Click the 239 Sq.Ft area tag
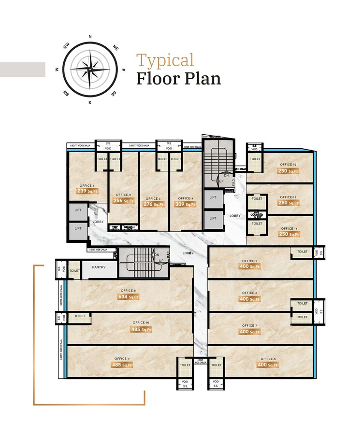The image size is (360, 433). (85, 191)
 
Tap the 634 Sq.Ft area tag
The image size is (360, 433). (128, 297)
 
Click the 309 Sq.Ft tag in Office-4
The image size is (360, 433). (185, 204)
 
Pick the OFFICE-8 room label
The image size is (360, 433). (268, 359)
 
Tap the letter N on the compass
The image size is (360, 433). (90, 37)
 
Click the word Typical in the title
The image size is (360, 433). (165, 60)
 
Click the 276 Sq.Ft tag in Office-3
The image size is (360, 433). (152, 204)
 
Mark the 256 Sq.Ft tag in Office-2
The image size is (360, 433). (123, 200)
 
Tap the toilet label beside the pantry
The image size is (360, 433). (74, 271)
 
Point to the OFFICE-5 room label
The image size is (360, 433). (249, 261)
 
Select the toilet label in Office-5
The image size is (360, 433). (302, 251)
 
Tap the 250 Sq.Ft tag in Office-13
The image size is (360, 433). (288, 203)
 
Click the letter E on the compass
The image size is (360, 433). (123, 70)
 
